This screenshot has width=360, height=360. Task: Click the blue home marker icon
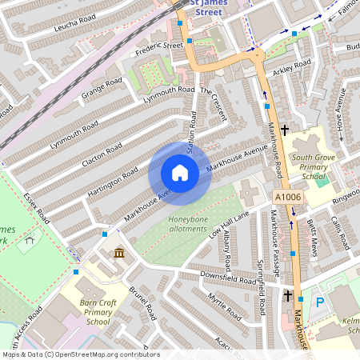pos(180,173)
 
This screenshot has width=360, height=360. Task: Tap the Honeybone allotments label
pos(192,225)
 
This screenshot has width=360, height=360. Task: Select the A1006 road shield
pos(286,197)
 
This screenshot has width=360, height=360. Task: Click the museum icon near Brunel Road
pos(119,254)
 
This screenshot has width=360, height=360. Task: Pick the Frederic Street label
pos(160,46)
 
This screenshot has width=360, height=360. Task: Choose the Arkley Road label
pos(291,70)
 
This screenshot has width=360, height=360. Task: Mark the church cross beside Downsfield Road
pos(287,295)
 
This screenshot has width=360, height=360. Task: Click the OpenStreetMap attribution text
pos(80,354)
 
